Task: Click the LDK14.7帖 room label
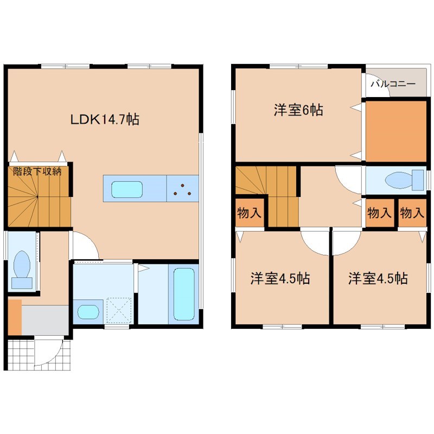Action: pos(105,119)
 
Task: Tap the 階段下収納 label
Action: pos(37,171)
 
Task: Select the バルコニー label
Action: pos(393,84)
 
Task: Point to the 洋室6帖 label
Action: pos(298,110)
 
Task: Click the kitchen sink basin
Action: pos(127,189)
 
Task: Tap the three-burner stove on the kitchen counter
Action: pos(182,188)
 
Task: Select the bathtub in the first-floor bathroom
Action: pos(184,294)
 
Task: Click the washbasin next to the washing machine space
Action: pos(88,311)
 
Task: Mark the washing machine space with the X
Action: pos(119,310)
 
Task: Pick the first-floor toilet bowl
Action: pos(22,269)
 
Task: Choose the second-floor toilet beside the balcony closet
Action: pos(404,180)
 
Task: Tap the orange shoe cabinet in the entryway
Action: pos(15,317)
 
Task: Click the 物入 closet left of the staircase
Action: pos(250,213)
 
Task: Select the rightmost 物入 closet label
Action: pos(412,213)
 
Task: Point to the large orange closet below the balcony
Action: pos(396,131)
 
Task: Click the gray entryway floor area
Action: pos(45,320)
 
